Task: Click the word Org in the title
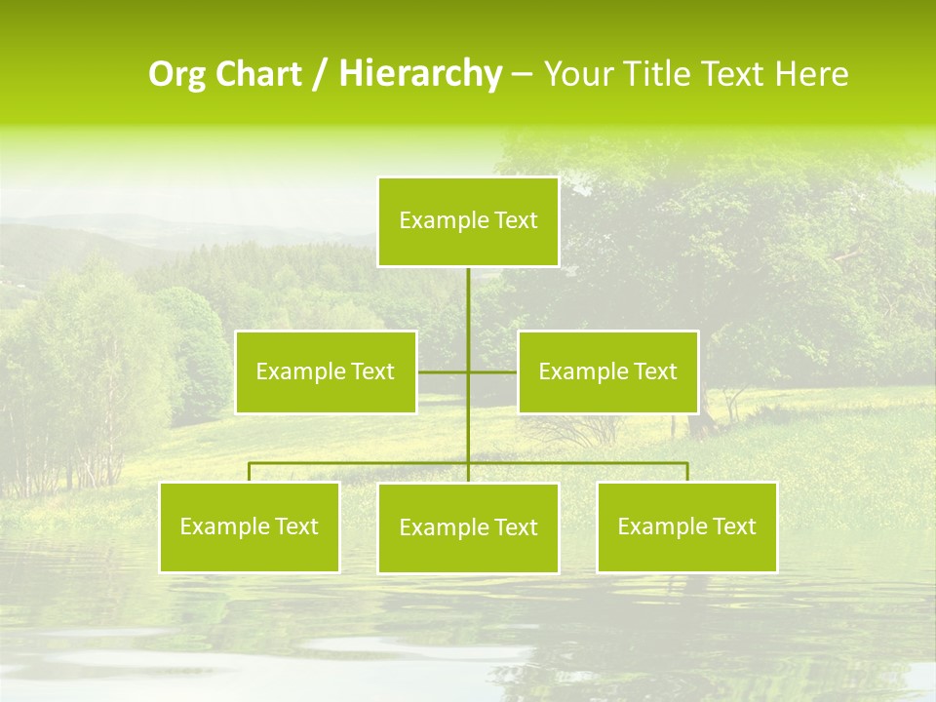175,74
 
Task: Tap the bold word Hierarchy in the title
419,74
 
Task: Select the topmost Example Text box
468,221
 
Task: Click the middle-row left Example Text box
326,371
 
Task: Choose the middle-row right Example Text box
607,371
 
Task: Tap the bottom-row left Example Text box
250,527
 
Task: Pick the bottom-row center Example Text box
468,528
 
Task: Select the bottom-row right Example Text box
686,527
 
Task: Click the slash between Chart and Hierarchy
321,75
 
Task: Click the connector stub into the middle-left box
442,371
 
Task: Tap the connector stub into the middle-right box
493,371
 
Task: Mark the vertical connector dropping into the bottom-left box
250,472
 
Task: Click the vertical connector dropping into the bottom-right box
687,472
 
